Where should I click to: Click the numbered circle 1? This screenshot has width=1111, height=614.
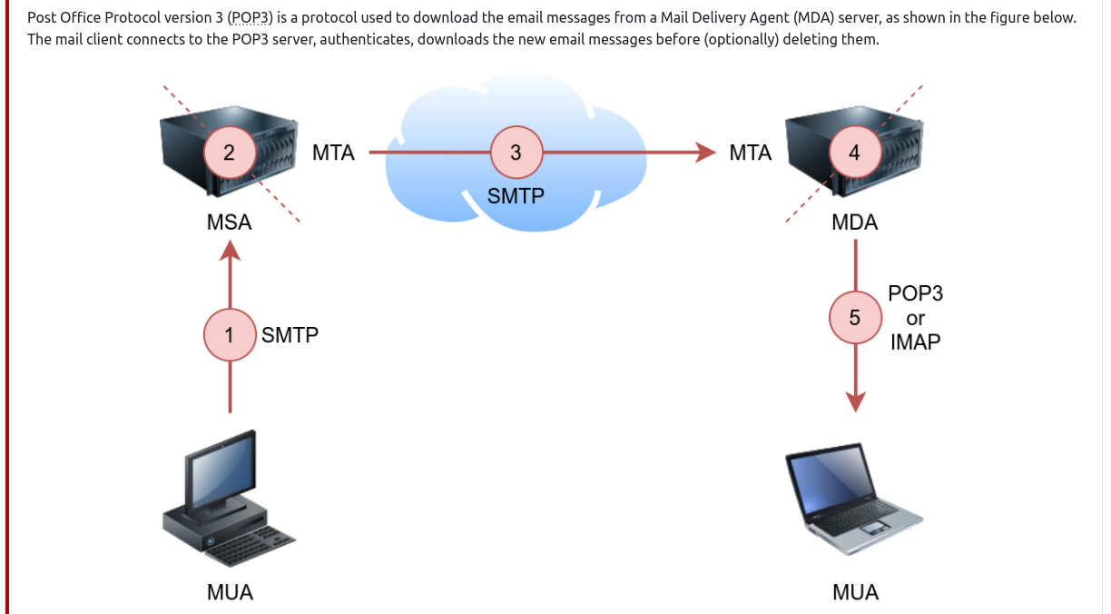pos(230,335)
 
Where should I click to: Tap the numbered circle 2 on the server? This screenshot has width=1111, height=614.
pos(229,153)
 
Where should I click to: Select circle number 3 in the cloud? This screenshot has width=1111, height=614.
pos(516,153)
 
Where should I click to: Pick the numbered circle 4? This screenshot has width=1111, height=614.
pos(853,153)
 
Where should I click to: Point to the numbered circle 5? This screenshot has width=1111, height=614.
pos(854,318)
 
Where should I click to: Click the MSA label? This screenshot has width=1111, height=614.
pos(229,223)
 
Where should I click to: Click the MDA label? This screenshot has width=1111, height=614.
pos(854,223)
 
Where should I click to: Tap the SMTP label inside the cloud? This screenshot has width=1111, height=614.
pos(516,195)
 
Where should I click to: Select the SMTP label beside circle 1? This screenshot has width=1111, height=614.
pos(290,335)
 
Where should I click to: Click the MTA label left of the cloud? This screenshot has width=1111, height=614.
pos(333,153)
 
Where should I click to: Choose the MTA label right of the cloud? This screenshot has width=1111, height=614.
pos(751,153)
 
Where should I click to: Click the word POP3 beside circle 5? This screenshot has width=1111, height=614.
pos(915,294)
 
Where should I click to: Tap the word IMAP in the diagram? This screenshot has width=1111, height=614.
pos(915,342)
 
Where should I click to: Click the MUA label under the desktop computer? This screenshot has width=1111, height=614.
pos(230,592)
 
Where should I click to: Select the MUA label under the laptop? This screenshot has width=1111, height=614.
pos(855,592)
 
